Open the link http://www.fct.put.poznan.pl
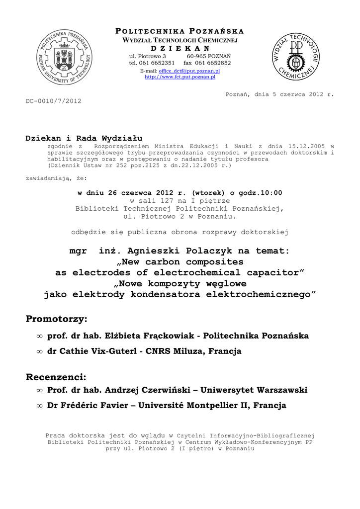pos(180,77)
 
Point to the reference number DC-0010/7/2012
pos(53,101)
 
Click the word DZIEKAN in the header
pos(180,48)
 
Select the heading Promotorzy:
pos(56,319)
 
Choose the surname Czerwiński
pos(191,390)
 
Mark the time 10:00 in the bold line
pos(271,192)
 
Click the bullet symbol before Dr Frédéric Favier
pos(39,406)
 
